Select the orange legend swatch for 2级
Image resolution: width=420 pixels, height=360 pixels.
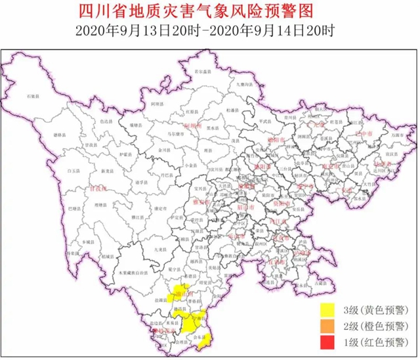pos(326,326)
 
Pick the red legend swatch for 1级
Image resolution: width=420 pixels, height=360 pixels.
pos(326,342)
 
